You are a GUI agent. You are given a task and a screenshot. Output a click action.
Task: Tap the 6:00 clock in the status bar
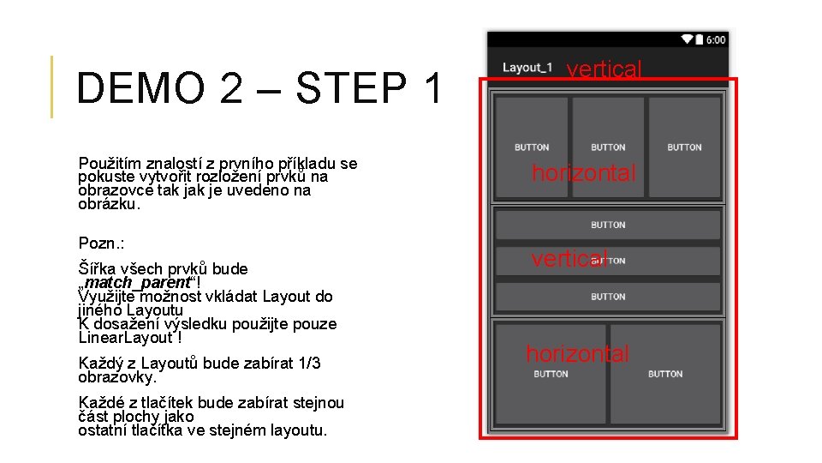click(x=716, y=39)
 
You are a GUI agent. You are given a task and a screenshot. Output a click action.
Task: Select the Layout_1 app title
click(x=527, y=68)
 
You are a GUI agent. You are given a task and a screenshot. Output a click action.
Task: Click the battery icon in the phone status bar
click(x=700, y=39)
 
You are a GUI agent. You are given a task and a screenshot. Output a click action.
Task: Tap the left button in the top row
click(x=532, y=147)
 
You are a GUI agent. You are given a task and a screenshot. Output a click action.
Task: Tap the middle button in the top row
click(x=608, y=147)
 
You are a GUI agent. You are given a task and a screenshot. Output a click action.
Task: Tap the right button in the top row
click(x=684, y=147)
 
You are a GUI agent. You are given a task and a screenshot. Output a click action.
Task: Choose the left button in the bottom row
click(x=551, y=373)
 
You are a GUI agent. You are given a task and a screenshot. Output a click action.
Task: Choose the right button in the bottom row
click(x=665, y=373)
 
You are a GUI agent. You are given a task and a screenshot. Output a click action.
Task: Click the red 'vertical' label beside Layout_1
click(x=604, y=69)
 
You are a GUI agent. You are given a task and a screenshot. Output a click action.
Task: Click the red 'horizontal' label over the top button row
click(x=584, y=173)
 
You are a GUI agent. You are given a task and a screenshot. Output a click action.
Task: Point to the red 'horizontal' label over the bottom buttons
click(x=577, y=353)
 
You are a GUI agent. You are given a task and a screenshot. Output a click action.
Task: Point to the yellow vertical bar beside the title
click(x=51, y=87)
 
